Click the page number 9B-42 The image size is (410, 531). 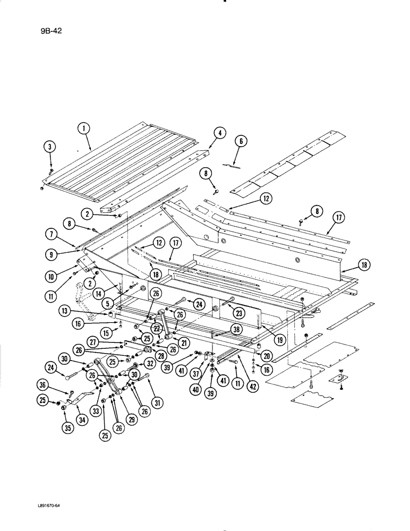(x=52, y=31)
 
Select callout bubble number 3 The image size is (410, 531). (x=50, y=148)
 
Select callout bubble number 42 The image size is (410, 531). (x=253, y=387)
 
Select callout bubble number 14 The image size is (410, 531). (x=108, y=288)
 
